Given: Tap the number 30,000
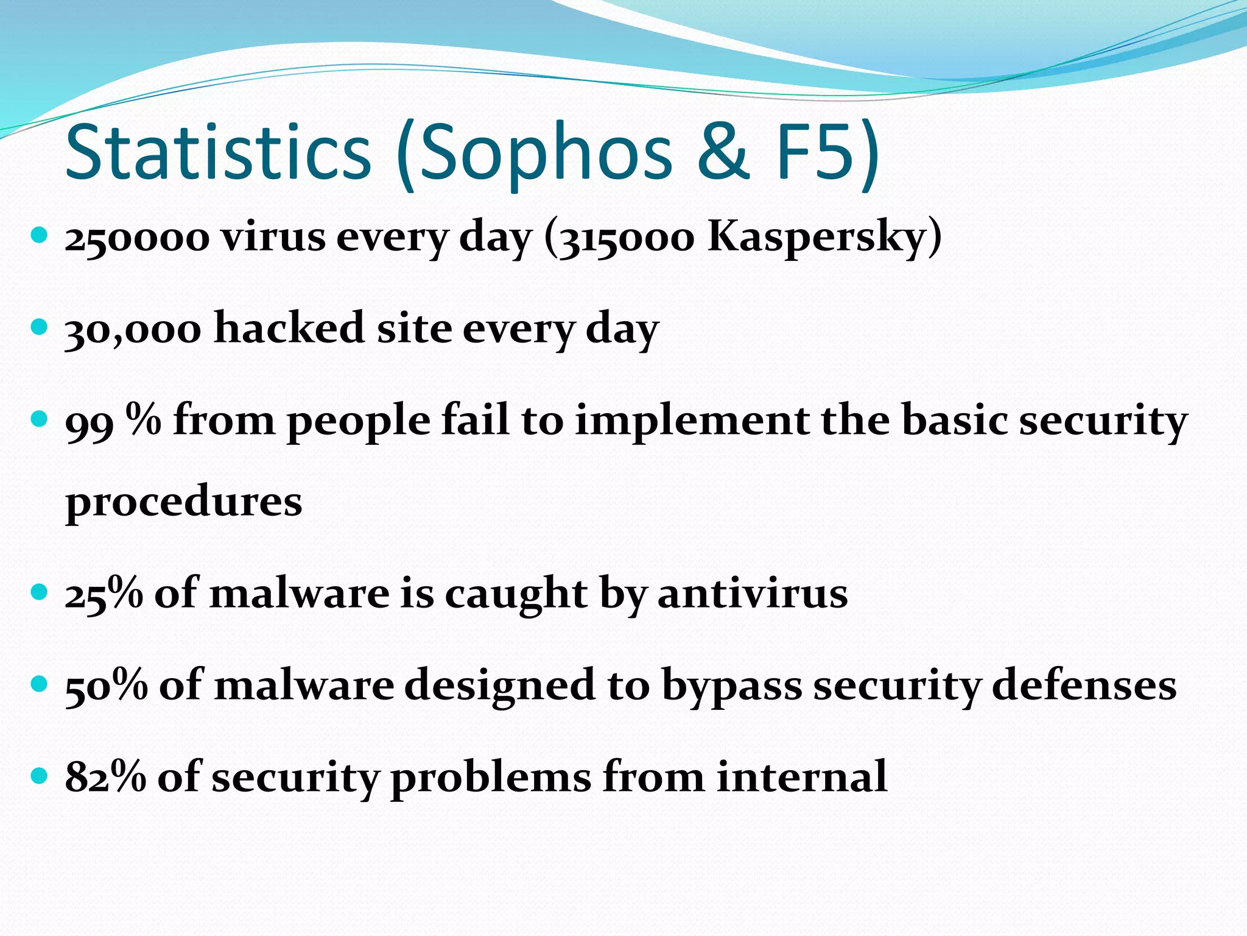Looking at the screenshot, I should pyautogui.click(x=133, y=330).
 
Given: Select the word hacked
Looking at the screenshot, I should pyautogui.click(x=289, y=328).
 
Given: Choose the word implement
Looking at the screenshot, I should pyautogui.click(x=692, y=422).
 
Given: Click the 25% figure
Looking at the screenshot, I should pyautogui.click(x=104, y=594).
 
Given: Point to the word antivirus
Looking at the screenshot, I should pyautogui.click(x=753, y=594).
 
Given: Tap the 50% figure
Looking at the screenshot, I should pyautogui.click(x=106, y=686).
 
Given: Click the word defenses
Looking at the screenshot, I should pyautogui.click(x=1084, y=686).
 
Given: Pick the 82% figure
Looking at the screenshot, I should pyautogui.click(x=105, y=778).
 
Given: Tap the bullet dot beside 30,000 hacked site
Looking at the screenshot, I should pyautogui.click(x=39, y=328).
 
